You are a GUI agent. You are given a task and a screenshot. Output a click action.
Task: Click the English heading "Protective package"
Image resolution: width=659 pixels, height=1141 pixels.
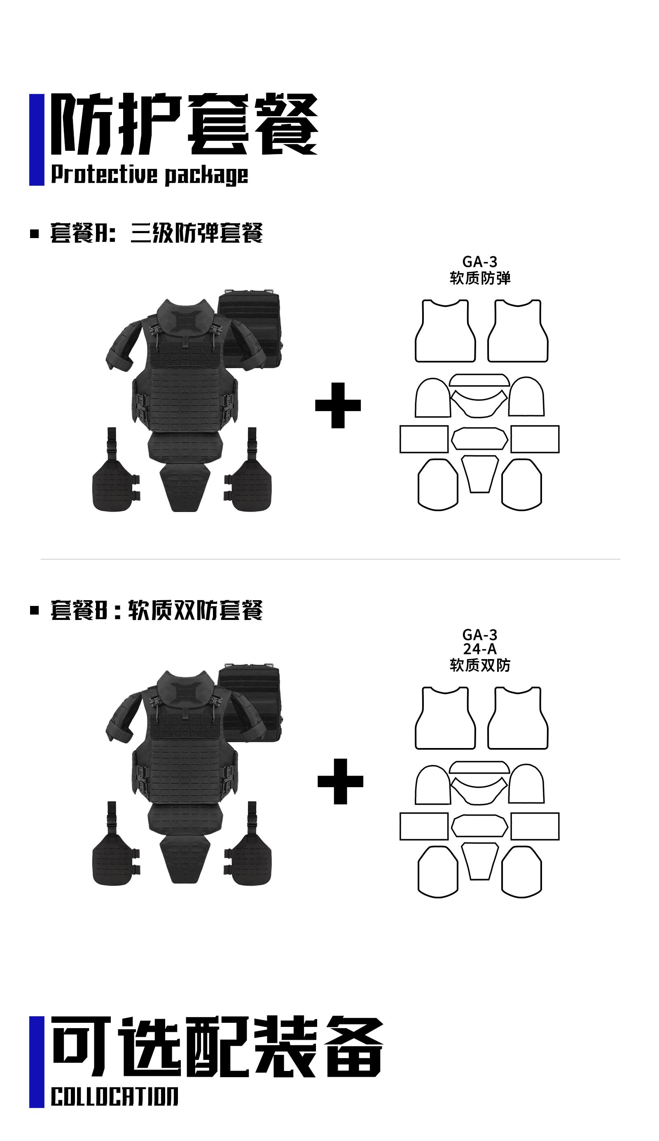tap(150, 175)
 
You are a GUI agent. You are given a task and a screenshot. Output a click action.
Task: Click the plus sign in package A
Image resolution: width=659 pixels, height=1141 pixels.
tap(338, 405)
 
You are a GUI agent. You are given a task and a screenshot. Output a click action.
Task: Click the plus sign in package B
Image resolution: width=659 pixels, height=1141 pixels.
tap(340, 781)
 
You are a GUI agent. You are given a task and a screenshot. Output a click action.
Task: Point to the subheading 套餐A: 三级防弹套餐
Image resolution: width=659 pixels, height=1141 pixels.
tap(157, 233)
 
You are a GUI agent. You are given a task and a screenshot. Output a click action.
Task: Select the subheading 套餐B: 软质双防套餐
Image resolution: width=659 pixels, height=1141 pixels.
tap(157, 610)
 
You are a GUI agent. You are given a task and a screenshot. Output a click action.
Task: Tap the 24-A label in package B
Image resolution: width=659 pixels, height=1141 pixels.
tap(479, 649)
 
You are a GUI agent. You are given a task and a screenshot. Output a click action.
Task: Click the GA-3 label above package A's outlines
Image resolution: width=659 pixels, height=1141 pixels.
tap(479, 262)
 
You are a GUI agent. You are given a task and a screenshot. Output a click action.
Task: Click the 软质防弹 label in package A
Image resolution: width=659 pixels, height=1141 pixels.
tap(480, 278)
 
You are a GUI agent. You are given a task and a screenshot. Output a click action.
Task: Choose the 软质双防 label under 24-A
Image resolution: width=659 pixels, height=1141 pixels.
tap(480, 665)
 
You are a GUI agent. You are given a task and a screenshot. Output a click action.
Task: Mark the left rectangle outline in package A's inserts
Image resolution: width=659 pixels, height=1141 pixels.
tap(424, 439)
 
